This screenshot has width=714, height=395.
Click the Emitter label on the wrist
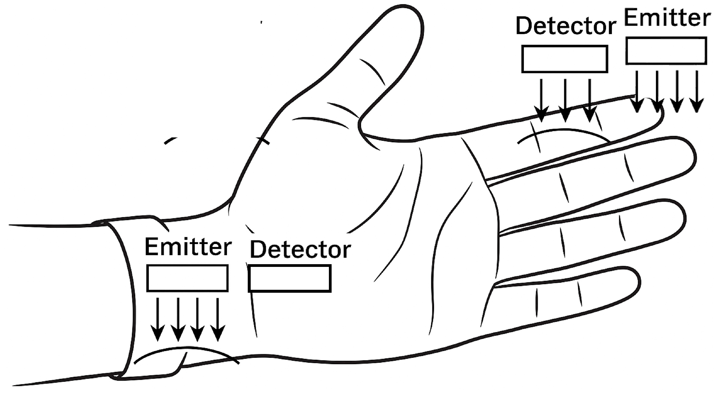pyautogui.click(x=188, y=246)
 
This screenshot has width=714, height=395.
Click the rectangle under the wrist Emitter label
pyautogui.click(x=187, y=278)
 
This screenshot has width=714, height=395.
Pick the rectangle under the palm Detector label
pyautogui.click(x=290, y=278)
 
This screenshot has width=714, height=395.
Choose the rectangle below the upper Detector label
pyautogui.click(x=565, y=59)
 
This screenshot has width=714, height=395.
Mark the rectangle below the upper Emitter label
pyautogui.click(x=666, y=51)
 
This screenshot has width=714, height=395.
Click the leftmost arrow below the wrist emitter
pyautogui.click(x=158, y=319)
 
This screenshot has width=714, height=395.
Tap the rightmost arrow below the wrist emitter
pyautogui.click(x=218, y=319)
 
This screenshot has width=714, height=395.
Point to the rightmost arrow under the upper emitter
pyautogui.click(x=697, y=91)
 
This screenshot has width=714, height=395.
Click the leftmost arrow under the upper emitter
pyautogui.click(x=637, y=91)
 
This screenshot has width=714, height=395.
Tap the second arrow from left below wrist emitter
pyautogui.click(x=178, y=319)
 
